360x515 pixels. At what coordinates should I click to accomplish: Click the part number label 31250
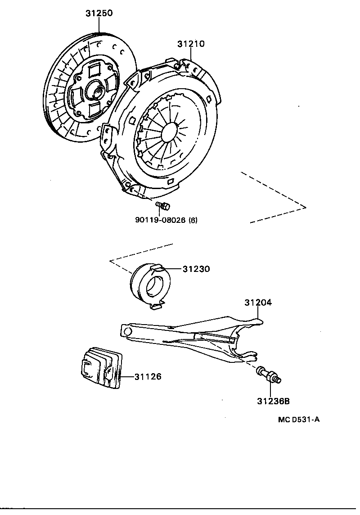pyautogui.click(x=99, y=14)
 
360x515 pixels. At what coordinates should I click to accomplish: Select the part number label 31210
pyautogui.click(x=191, y=44)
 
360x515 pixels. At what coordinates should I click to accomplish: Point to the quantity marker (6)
pyautogui.click(x=193, y=220)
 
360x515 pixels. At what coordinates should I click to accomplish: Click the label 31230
pyautogui.click(x=196, y=269)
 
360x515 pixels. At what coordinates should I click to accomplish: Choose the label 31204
pyautogui.click(x=258, y=303)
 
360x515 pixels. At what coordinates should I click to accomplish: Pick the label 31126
pyautogui.click(x=148, y=376)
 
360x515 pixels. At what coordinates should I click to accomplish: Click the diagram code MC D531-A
pyautogui.click(x=298, y=420)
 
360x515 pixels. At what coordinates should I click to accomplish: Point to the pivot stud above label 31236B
pyautogui.click(x=269, y=376)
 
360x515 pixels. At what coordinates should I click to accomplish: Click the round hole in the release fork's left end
pyautogui.click(x=127, y=331)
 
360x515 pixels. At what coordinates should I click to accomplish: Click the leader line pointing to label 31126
pyautogui.click(x=127, y=376)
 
